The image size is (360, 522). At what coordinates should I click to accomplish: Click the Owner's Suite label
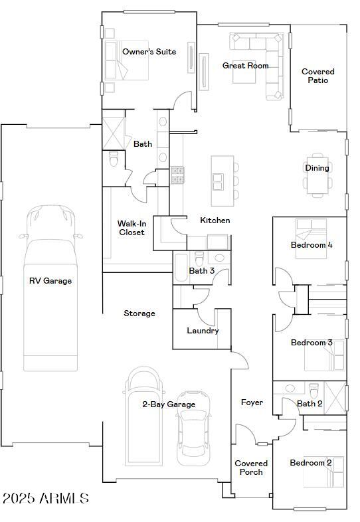pyautogui.click(x=149, y=52)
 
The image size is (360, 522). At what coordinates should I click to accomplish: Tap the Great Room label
pyautogui.click(x=245, y=66)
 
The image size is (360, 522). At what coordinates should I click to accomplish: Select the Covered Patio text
pyautogui.click(x=317, y=76)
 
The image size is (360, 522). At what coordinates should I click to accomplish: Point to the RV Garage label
pyautogui.click(x=50, y=281)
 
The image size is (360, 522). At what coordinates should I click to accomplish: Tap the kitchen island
pyautogui.click(x=222, y=181)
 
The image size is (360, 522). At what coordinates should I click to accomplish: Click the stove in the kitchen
pyautogui.click(x=177, y=175)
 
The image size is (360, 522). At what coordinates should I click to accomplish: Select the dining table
pyautogui.click(x=317, y=177)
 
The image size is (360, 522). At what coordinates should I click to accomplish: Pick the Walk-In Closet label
pyautogui.click(x=132, y=228)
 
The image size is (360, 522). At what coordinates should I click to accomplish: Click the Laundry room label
pyautogui.click(x=203, y=331)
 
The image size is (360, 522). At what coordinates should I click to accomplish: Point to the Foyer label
pyautogui.click(x=252, y=402)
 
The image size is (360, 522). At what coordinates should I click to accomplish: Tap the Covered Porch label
pyautogui.click(x=251, y=468)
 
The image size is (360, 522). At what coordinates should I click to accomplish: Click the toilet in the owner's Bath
pyautogui.click(x=114, y=160)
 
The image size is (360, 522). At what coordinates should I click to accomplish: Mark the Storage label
pyautogui.click(x=139, y=313)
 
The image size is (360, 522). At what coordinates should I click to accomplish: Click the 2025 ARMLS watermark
pyautogui.click(x=45, y=498)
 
